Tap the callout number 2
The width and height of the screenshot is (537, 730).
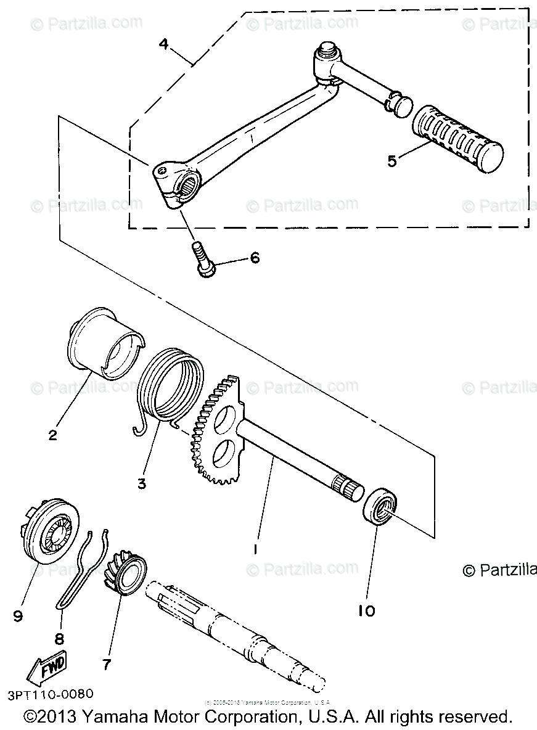click(53, 435)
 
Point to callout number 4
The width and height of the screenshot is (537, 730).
click(163, 44)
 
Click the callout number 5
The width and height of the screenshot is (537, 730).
click(391, 160)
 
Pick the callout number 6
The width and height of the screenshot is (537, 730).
click(254, 258)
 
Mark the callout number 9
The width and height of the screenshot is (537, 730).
click(18, 615)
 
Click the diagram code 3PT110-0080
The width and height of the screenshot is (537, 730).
click(51, 694)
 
